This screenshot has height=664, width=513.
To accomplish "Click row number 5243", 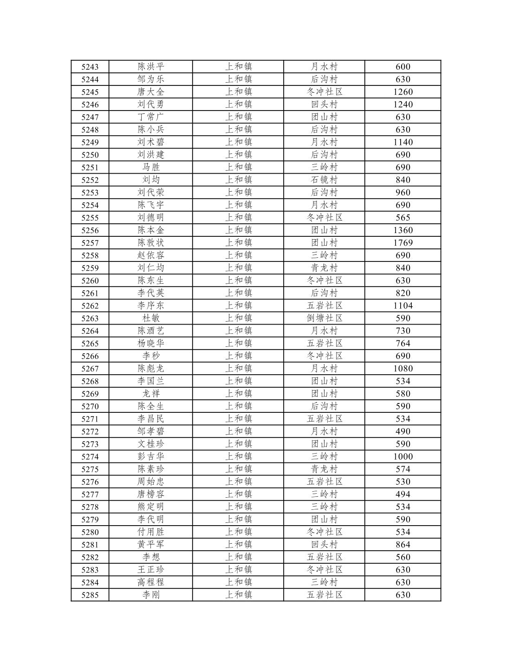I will [90, 67].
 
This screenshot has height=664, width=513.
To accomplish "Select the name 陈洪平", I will [151, 67].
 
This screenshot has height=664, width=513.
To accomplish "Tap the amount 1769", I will [403, 243].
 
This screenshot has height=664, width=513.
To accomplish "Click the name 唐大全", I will [151, 92].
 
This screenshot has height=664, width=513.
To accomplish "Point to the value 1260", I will [403, 92].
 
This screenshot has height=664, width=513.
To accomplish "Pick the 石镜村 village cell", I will [324, 180].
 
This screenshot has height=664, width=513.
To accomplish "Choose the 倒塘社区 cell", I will [324, 318].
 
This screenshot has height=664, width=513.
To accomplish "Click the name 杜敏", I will [151, 318].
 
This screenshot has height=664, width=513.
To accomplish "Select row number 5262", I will [90, 306].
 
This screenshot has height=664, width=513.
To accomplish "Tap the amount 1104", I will [403, 306].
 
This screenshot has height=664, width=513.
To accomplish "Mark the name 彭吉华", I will [151, 456].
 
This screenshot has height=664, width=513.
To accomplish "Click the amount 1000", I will [403, 456].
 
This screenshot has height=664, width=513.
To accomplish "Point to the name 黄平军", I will [151, 544].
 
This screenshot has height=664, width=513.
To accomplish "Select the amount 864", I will [403, 544].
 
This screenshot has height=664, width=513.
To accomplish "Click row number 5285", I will [90, 595].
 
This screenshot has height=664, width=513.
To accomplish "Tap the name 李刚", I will [151, 595].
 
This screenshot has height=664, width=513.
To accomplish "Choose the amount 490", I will [403, 431].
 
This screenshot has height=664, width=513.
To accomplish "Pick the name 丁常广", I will [151, 117].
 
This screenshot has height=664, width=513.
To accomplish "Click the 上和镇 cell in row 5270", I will [238, 406].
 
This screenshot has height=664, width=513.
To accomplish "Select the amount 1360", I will [403, 230].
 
